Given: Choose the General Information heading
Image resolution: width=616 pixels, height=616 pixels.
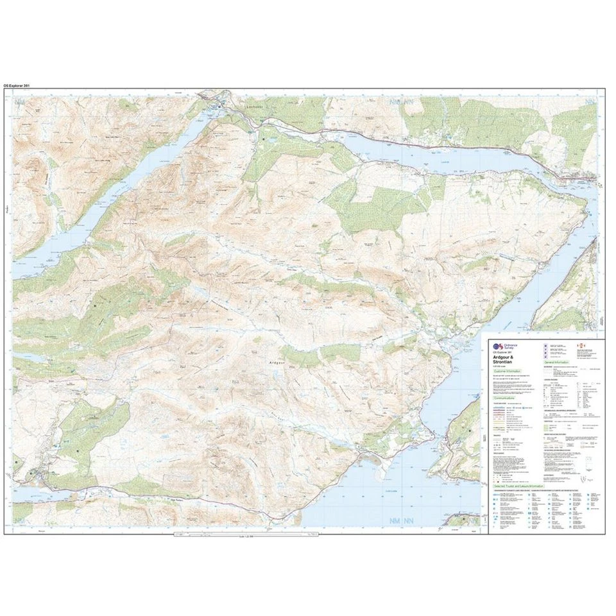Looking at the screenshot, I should pyautogui.click(x=557, y=363).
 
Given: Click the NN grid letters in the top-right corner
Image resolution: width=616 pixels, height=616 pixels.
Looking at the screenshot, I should pyautogui.click(x=591, y=101).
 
